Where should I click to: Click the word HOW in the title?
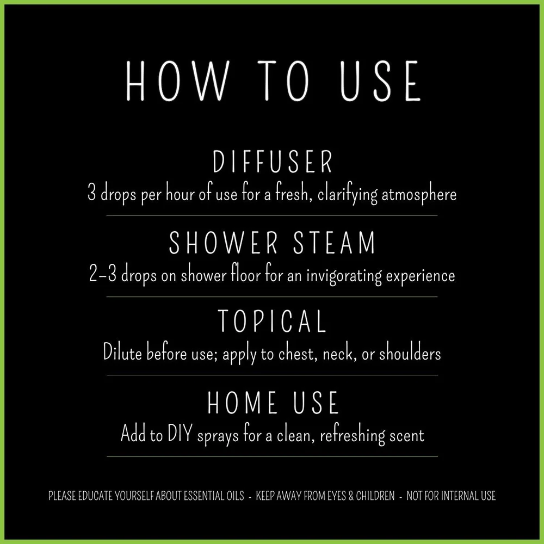point(177,81)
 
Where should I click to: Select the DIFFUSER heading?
point(273,162)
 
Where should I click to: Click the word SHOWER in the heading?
point(224,243)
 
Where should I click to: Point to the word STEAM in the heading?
point(335,243)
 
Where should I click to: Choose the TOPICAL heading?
point(272,322)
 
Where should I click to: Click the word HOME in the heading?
point(242,403)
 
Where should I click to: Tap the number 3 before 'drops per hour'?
point(91,193)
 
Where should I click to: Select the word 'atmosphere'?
point(419,195)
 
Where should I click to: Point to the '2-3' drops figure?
point(103,274)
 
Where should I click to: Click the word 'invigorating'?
point(344,276)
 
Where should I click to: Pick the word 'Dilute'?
point(122,353)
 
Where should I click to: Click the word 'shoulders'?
point(410,353)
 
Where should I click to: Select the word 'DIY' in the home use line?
point(180,434)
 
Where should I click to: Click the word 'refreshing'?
point(353,435)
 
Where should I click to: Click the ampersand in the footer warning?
point(351,496)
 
